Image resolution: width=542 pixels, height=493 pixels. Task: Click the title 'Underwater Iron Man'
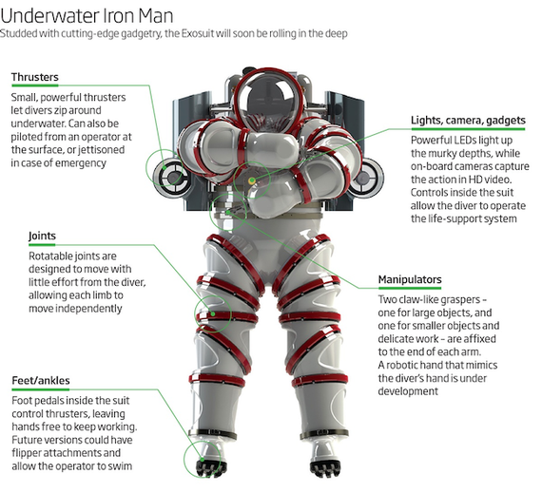(87, 15)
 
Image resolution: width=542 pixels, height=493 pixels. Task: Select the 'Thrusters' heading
(35, 77)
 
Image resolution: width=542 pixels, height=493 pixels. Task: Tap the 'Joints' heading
(42, 237)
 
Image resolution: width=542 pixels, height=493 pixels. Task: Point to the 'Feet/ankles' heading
(41, 381)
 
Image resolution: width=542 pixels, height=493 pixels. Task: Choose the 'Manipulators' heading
(410, 279)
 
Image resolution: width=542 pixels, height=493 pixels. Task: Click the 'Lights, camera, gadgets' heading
(468, 121)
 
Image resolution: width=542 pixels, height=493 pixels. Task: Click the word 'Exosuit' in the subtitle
(199, 34)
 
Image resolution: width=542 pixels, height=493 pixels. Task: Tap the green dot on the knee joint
(213, 313)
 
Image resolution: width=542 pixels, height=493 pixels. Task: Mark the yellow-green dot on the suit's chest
(252, 180)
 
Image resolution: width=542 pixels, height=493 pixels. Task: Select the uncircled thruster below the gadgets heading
(366, 178)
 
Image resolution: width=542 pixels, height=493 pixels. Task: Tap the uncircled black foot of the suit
(325, 466)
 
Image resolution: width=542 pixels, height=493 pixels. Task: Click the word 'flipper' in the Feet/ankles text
(27, 453)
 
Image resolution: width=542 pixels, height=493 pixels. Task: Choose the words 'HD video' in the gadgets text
(489, 180)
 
